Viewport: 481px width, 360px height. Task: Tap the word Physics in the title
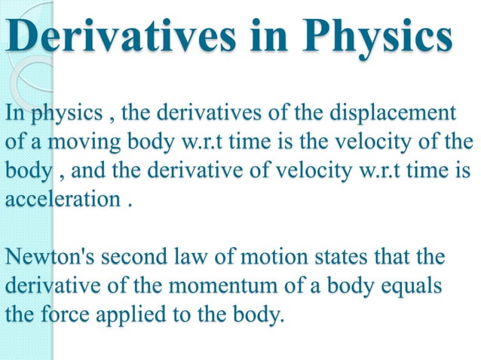[x=389, y=37]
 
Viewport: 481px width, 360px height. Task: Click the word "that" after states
[x=394, y=258]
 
